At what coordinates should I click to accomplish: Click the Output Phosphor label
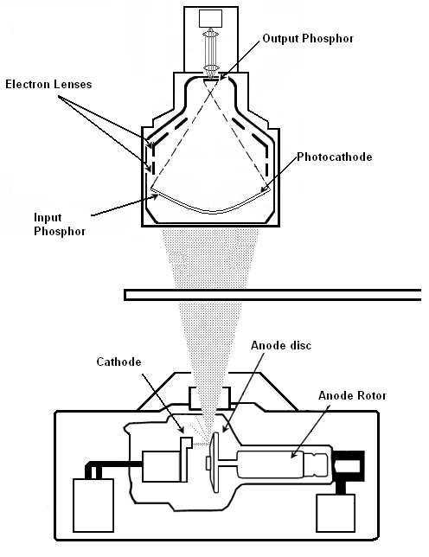pos(308,38)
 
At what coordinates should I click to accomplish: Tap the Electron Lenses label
pos(48,84)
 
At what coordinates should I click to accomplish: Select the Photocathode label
pos(335,157)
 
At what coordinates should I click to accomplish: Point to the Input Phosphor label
pos(60,224)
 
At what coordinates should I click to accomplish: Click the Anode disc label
pos(281,345)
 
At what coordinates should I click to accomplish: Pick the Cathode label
pos(118,362)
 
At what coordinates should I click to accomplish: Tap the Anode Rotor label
pos(352,395)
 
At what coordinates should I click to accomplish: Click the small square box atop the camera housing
pos(210,18)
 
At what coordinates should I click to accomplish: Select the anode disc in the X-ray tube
pos(214,462)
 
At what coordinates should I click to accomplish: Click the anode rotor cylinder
pos(270,464)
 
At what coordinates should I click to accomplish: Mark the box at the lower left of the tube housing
pos(93,505)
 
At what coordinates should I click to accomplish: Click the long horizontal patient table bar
pos(272,295)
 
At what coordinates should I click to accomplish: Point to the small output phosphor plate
pos(211,80)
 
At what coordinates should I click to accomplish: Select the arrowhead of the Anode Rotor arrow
pos(292,455)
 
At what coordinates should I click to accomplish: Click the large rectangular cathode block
pos(162,466)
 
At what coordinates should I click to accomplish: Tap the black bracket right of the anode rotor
pos(349,466)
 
